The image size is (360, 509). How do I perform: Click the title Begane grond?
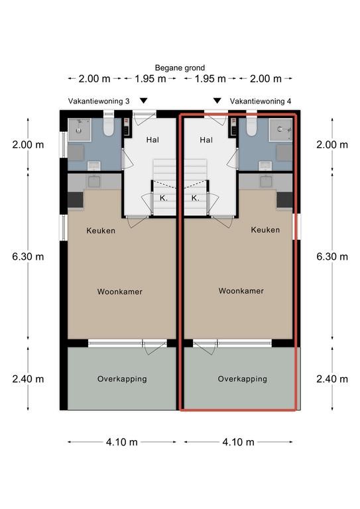[180, 68]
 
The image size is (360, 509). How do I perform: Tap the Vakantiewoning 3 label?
[99, 101]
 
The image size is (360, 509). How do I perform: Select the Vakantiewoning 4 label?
[261, 101]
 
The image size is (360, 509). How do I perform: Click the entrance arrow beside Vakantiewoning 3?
[143, 101]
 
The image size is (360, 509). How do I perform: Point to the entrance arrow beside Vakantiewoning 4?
[217, 101]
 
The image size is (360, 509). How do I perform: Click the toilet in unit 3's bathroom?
[109, 127]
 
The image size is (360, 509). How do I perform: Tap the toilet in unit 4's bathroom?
[251, 127]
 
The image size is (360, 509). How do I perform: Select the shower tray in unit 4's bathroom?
[281, 130]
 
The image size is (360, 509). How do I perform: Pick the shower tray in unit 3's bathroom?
[80, 130]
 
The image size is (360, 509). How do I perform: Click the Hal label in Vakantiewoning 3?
[152, 140]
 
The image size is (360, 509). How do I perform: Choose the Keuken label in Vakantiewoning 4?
[265, 230]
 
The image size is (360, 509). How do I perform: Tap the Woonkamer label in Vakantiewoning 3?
[120, 292]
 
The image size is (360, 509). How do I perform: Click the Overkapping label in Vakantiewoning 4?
[243, 379]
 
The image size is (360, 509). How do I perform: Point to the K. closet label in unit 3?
[164, 198]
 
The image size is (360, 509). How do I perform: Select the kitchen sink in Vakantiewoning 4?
[266, 181]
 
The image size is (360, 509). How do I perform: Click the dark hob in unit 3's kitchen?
[76, 200]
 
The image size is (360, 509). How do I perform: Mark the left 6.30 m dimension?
[28, 256]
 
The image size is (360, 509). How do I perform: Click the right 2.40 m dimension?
[332, 379]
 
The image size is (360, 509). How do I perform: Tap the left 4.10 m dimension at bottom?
[122, 442]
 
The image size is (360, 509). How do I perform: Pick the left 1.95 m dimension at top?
[150, 79]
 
